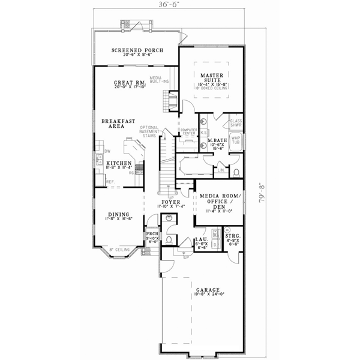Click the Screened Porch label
136,50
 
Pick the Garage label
203,289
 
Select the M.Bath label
215,142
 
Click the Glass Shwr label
236,123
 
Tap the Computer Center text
190,131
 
